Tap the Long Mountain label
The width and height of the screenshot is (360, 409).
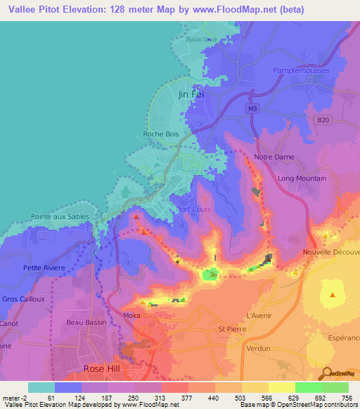tap(302, 178)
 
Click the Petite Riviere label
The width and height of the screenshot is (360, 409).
tap(44, 268)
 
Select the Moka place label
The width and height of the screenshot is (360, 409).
tap(132, 316)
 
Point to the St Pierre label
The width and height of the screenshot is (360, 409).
tap(231, 328)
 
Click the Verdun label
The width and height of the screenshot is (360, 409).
tap(259, 348)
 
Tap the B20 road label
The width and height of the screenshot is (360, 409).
tap(323, 121)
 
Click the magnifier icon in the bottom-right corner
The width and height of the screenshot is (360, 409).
tap(326, 373)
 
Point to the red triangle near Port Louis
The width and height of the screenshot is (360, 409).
tap(136, 216)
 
